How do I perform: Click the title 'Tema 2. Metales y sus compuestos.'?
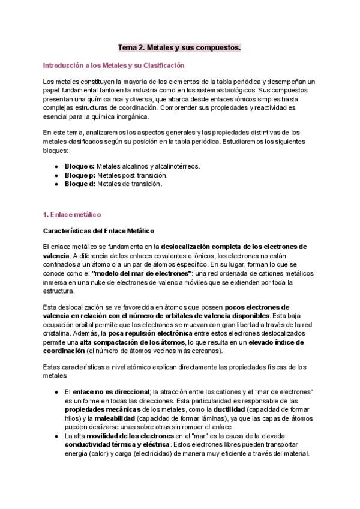[x=179, y=47]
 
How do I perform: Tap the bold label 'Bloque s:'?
[x=79, y=165]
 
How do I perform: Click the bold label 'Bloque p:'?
[x=79, y=175]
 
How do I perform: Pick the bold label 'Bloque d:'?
[x=79, y=184]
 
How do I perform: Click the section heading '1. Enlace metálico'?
[x=72, y=214]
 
